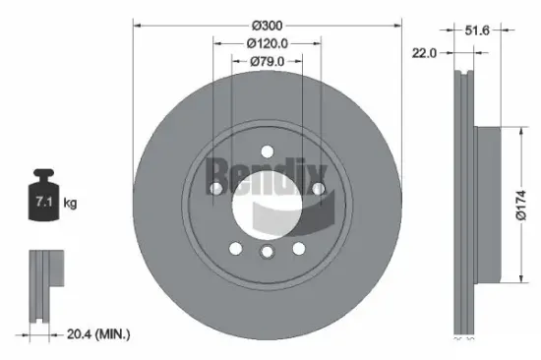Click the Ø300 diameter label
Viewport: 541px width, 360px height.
[x=267, y=25]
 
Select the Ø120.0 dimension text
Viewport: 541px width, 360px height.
[x=267, y=43]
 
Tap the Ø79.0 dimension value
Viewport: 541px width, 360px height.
[x=267, y=62]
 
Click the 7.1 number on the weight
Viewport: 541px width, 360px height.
[x=42, y=203]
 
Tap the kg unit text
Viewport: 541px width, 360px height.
[x=71, y=204]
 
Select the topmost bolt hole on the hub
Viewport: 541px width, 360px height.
[x=267, y=150]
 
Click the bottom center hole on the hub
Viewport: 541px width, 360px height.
[x=267, y=254]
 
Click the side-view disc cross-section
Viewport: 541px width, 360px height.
[x=465, y=202]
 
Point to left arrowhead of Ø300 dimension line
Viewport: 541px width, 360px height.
[x=136, y=25]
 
